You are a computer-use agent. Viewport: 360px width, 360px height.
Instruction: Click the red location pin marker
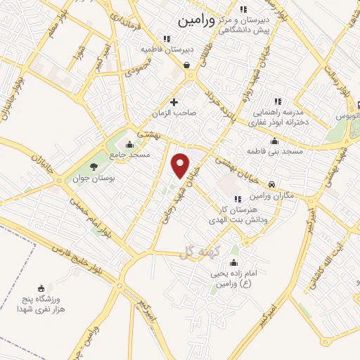pos(181,165)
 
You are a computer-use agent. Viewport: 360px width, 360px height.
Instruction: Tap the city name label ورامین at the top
pos(198,21)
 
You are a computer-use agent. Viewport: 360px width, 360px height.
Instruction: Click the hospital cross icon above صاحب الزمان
pos(174,103)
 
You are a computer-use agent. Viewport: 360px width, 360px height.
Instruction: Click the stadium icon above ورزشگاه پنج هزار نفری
pos(41,288)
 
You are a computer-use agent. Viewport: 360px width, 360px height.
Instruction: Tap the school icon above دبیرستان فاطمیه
pos(167,39)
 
